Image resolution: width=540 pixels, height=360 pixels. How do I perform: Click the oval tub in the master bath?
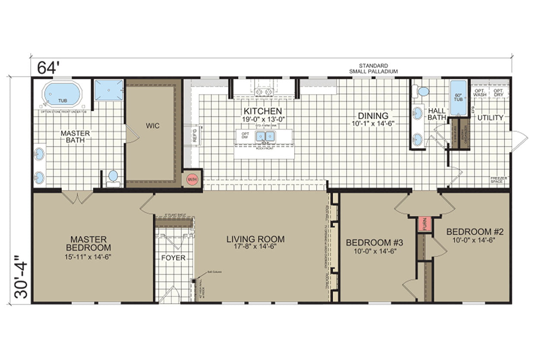pos(63,94)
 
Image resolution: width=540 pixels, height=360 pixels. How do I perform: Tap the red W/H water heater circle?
pos(191,179)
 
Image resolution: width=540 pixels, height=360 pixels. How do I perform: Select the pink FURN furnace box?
pos(424,224)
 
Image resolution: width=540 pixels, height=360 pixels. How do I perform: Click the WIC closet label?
pos(152,126)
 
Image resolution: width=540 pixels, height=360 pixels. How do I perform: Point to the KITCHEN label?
pos(263,111)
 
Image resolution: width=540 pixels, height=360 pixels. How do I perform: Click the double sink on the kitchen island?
pos(265,137)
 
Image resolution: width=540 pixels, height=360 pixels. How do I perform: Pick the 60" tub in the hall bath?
pos(458,98)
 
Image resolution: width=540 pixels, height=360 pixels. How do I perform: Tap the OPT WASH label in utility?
pos(480,93)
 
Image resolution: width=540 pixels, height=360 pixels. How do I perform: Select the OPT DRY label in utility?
pos(498,93)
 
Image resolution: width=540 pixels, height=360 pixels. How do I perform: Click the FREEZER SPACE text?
pos(498,180)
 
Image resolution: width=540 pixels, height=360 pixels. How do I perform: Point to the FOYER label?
pos(173,258)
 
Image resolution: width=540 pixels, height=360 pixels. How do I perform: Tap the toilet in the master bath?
pos(113,177)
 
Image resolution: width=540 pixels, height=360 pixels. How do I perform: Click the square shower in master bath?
pos(109,90)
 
